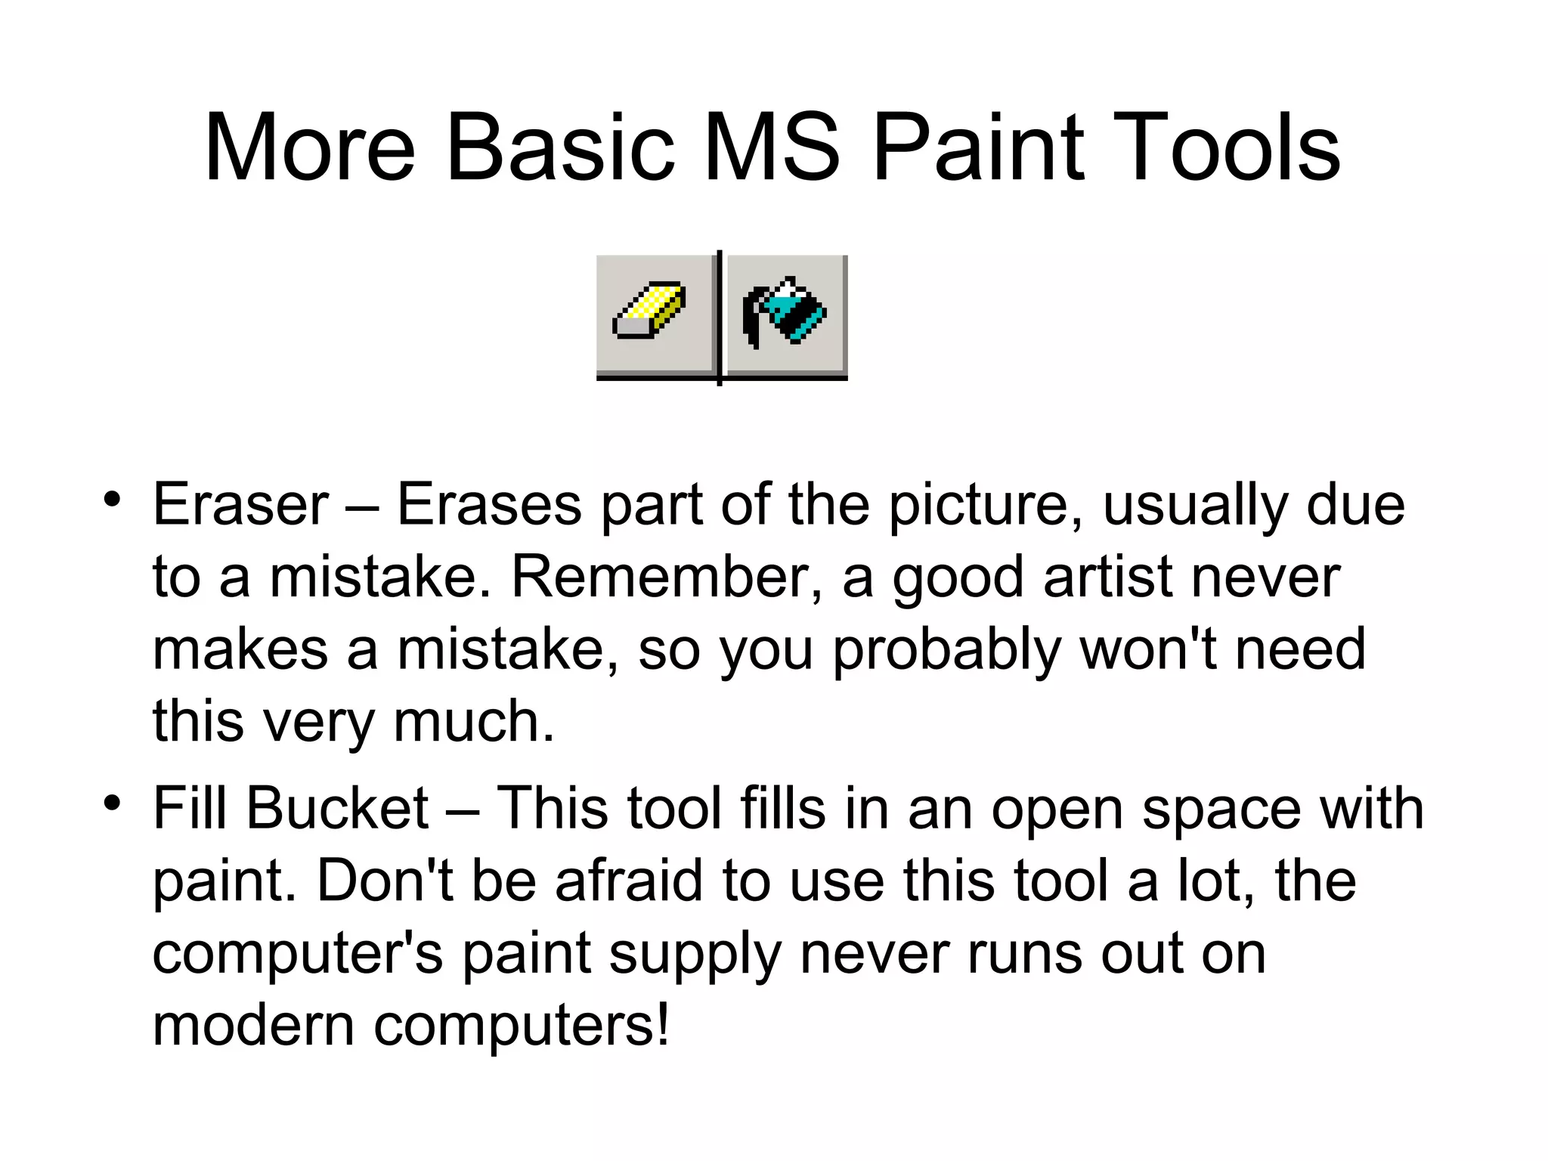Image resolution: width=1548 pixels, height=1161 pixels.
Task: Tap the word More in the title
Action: [x=310, y=147]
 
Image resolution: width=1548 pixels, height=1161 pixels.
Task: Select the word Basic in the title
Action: [x=559, y=147]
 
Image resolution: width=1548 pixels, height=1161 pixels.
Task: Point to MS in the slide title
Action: [x=772, y=147]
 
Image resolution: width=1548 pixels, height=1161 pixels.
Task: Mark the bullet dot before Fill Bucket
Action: [x=113, y=803]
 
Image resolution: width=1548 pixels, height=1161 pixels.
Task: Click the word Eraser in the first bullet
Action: [x=240, y=505]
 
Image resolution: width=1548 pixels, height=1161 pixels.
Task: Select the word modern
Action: [x=254, y=1026]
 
